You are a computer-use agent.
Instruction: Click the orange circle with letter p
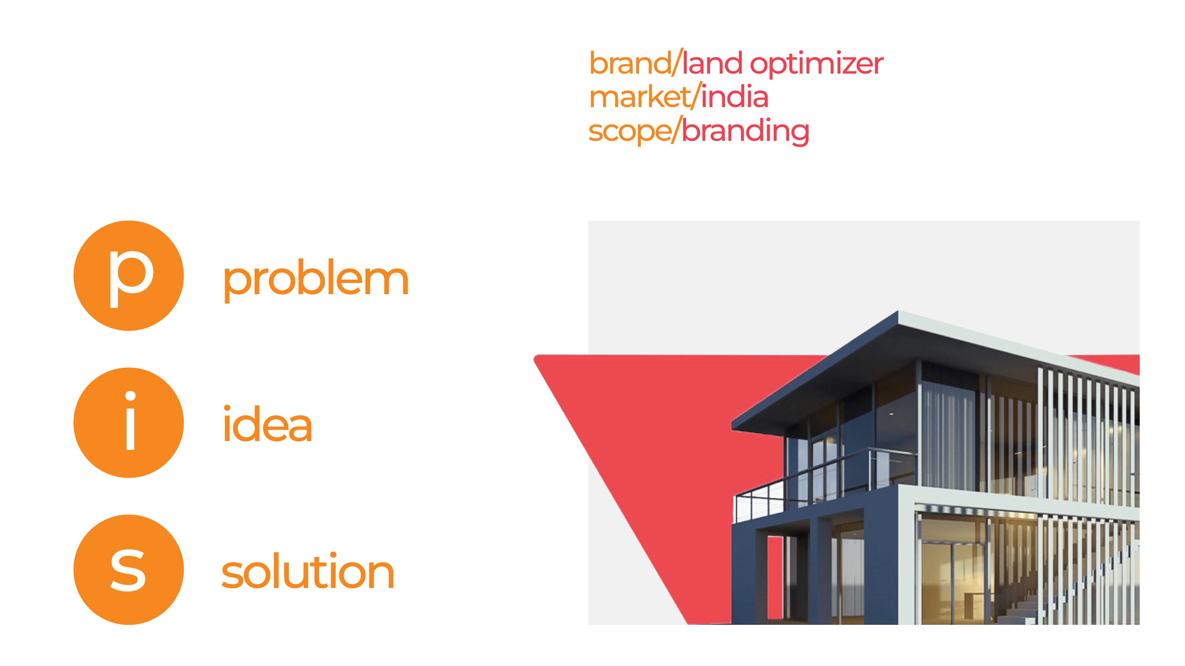[x=128, y=276]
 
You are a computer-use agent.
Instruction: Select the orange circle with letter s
[x=128, y=569]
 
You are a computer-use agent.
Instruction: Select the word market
[x=640, y=98]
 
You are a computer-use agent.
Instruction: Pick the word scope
[x=629, y=132]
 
